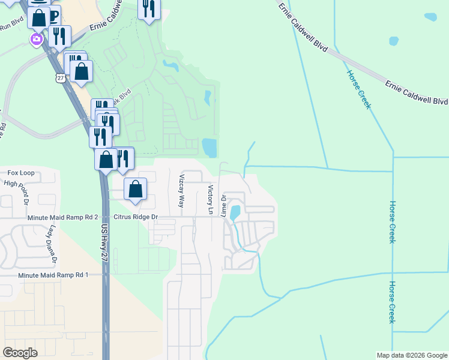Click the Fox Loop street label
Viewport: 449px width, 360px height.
click(x=20, y=173)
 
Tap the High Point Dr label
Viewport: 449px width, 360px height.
click(x=20, y=183)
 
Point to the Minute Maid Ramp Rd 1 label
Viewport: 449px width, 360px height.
click(x=53, y=275)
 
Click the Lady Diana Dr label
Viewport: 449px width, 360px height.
click(x=53, y=244)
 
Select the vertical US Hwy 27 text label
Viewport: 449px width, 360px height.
click(x=104, y=242)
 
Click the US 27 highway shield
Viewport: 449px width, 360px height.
click(x=59, y=78)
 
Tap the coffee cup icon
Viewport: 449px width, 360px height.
click(x=53, y=14)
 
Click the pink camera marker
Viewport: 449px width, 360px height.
click(x=37, y=40)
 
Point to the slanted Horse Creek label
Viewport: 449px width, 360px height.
click(x=359, y=89)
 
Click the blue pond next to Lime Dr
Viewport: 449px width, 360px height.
click(x=235, y=212)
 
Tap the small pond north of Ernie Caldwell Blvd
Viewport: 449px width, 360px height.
click(x=394, y=41)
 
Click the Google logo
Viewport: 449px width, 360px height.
click(x=20, y=352)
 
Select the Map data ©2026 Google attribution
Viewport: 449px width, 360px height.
click(x=412, y=355)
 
